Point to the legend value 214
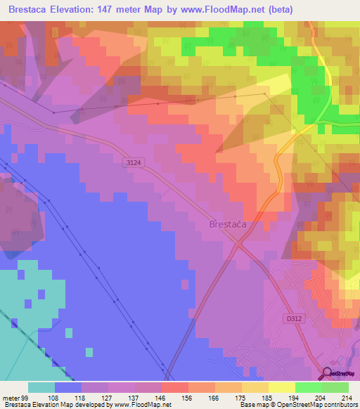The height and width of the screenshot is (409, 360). coord(347,397)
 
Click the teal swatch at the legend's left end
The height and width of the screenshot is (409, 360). coord(41,387)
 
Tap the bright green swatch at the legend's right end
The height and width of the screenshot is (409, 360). coord(335,387)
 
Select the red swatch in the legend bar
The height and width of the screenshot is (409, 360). coord(175,387)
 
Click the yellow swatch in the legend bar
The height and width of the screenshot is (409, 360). coord(282,387)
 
